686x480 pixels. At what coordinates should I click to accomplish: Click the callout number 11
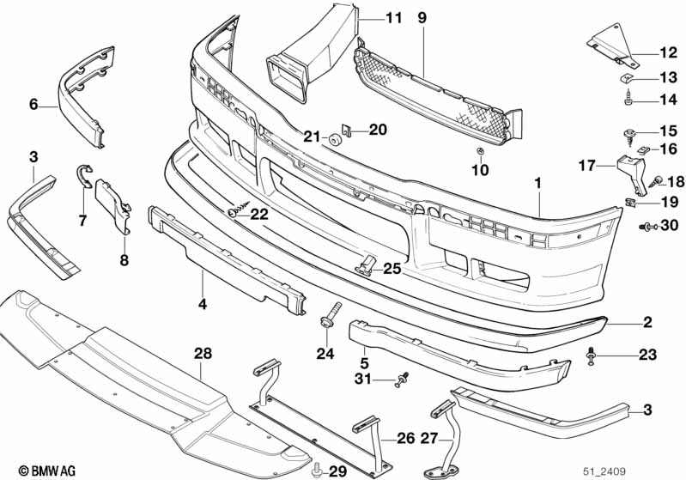point(393,18)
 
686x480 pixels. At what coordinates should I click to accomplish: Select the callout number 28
point(203,354)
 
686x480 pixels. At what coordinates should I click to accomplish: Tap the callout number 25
point(392,269)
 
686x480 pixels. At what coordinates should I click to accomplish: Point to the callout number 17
point(586,166)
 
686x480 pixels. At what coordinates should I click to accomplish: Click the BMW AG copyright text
point(47,471)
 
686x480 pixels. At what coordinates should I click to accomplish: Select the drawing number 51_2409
point(604,471)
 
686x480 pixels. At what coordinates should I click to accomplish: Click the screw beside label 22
point(239,210)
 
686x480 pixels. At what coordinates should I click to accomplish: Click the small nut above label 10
point(481,151)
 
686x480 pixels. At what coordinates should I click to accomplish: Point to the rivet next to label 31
point(401,380)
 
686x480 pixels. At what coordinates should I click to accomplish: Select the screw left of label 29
point(316,471)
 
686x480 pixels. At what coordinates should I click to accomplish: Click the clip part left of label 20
point(348,130)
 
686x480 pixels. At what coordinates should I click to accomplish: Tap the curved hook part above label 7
point(83,175)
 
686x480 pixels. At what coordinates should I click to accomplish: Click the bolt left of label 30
point(647,227)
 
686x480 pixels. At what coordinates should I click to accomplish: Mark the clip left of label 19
point(629,203)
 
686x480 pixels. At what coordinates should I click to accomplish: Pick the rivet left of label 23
point(592,355)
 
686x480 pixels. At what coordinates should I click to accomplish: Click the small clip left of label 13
point(627,79)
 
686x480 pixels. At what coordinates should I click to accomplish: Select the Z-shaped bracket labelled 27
point(446,438)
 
